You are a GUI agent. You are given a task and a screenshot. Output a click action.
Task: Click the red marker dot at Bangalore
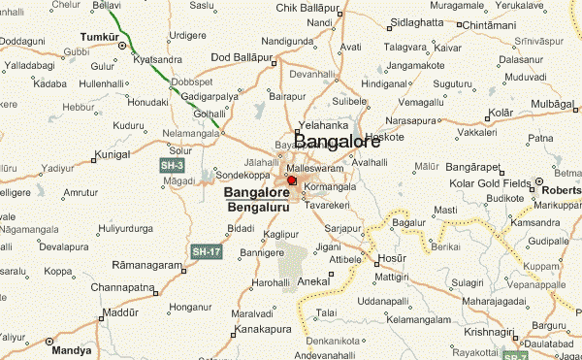(x=292, y=180)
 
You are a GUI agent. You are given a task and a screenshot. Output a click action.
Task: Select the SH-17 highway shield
(x=205, y=251)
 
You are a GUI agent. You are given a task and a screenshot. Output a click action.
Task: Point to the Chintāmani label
(x=498, y=23)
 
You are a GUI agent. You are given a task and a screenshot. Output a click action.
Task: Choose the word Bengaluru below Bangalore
(x=256, y=208)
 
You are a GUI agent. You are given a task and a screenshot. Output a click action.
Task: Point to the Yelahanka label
(x=323, y=125)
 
